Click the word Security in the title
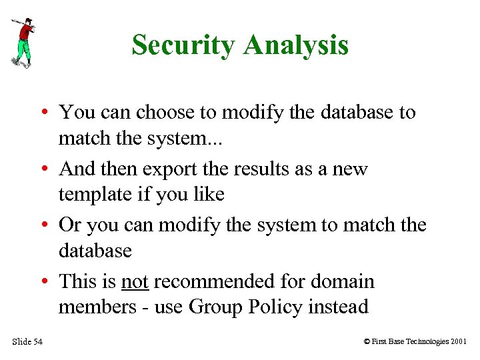[184, 45]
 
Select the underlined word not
[135, 281]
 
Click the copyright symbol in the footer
[367, 342]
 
